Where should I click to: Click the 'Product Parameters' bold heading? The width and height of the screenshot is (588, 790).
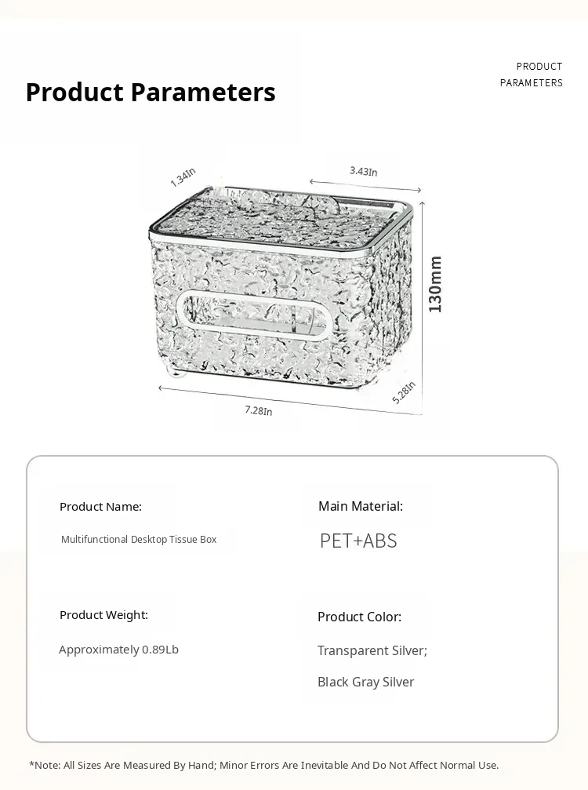151,93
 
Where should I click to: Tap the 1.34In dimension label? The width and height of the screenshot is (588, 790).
183,177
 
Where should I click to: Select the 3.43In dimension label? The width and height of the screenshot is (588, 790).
363,171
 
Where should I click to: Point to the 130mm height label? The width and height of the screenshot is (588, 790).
435,284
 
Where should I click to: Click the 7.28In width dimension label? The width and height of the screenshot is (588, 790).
258,410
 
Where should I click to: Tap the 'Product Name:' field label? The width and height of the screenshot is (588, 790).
100,507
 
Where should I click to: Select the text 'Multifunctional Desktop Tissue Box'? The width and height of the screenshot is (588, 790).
139,540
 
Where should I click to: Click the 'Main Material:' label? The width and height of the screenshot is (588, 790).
361,507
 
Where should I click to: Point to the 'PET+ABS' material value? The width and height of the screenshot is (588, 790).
358,541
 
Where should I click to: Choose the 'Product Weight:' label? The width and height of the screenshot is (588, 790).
103,615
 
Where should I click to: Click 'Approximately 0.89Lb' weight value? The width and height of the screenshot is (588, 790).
118,650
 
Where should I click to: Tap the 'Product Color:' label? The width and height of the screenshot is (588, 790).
359,617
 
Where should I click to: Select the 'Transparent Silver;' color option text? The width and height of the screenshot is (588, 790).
372,650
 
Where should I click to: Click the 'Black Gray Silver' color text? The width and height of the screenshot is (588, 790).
365,682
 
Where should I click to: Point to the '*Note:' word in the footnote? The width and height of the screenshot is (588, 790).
45,765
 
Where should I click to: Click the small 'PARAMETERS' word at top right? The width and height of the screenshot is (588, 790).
531,83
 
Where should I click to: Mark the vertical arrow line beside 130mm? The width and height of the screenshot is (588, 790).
423,306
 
